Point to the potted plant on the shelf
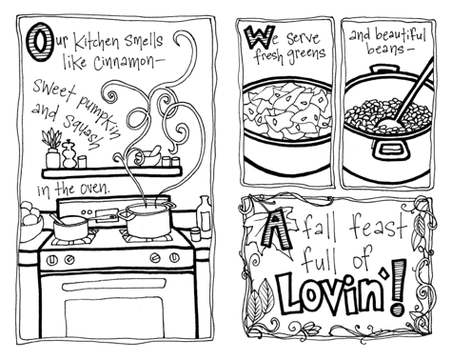(x=52, y=148)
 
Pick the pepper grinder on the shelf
(x=69, y=154)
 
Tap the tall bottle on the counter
(x=205, y=216)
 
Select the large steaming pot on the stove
(x=147, y=220)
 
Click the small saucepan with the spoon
(x=70, y=228)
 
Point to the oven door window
(x=114, y=314)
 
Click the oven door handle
(x=114, y=286)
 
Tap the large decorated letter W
(x=259, y=36)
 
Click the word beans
(x=384, y=49)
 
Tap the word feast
(x=378, y=226)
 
